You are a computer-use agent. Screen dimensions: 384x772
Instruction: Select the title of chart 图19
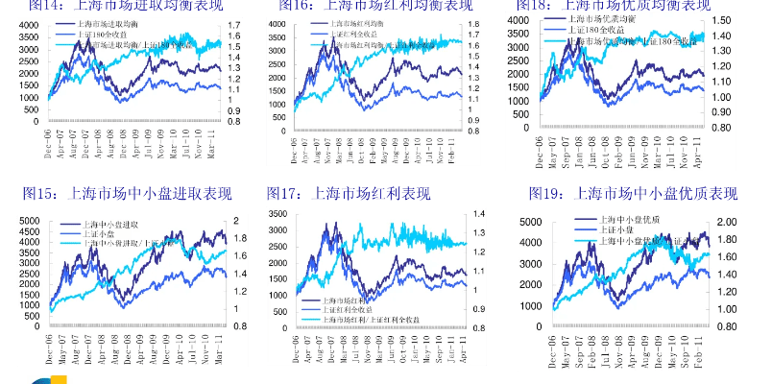634,194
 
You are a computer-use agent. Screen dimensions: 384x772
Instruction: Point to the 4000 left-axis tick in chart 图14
29,23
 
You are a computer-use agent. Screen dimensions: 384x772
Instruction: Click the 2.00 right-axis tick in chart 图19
726,222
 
